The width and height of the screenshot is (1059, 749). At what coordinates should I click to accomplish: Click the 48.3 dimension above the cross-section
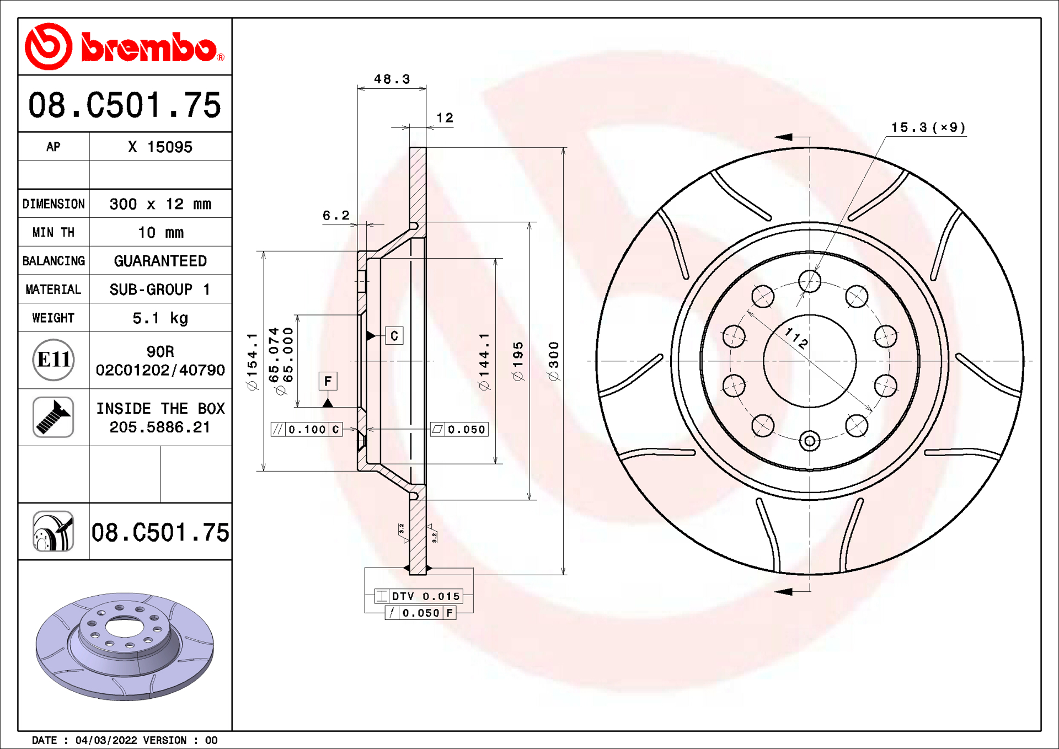pyautogui.click(x=392, y=79)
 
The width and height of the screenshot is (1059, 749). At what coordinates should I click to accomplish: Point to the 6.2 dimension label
pyautogui.click(x=336, y=216)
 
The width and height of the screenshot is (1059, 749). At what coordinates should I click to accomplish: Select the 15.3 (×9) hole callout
pyautogui.click(x=928, y=128)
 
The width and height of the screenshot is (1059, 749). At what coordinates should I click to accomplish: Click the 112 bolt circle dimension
pyautogui.click(x=796, y=338)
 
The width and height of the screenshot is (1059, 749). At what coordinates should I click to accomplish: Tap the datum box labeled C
pyautogui.click(x=394, y=336)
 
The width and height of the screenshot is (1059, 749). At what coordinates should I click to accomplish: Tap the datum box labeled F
pyautogui.click(x=328, y=381)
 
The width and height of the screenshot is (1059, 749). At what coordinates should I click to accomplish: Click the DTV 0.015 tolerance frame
pyautogui.click(x=419, y=596)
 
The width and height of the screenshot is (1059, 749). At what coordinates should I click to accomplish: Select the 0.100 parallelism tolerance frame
pyautogui.click(x=307, y=430)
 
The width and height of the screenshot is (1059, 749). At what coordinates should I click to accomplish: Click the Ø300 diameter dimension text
pyautogui.click(x=554, y=361)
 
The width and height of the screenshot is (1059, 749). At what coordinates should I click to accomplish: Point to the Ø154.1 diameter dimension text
pyautogui.click(x=253, y=361)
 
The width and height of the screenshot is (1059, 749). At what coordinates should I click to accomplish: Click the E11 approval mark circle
pyautogui.click(x=54, y=360)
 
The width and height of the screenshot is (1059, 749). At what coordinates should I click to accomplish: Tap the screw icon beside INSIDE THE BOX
pyautogui.click(x=54, y=418)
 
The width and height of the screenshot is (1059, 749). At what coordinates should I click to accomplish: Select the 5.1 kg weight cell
pyautogui.click(x=160, y=318)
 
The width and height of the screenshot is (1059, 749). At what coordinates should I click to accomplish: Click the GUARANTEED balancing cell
pyautogui.click(x=160, y=261)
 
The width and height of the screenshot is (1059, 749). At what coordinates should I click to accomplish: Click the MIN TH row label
pyautogui.click(x=54, y=233)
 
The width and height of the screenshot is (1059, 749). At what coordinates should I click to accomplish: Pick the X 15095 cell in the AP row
pyautogui.click(x=160, y=147)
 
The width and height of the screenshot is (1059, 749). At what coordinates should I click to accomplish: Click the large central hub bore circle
pyautogui.click(x=809, y=361)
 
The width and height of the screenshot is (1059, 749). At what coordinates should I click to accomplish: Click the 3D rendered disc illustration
pyautogui.click(x=125, y=645)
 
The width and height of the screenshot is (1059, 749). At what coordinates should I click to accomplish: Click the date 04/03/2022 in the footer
pyautogui.click(x=106, y=740)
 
